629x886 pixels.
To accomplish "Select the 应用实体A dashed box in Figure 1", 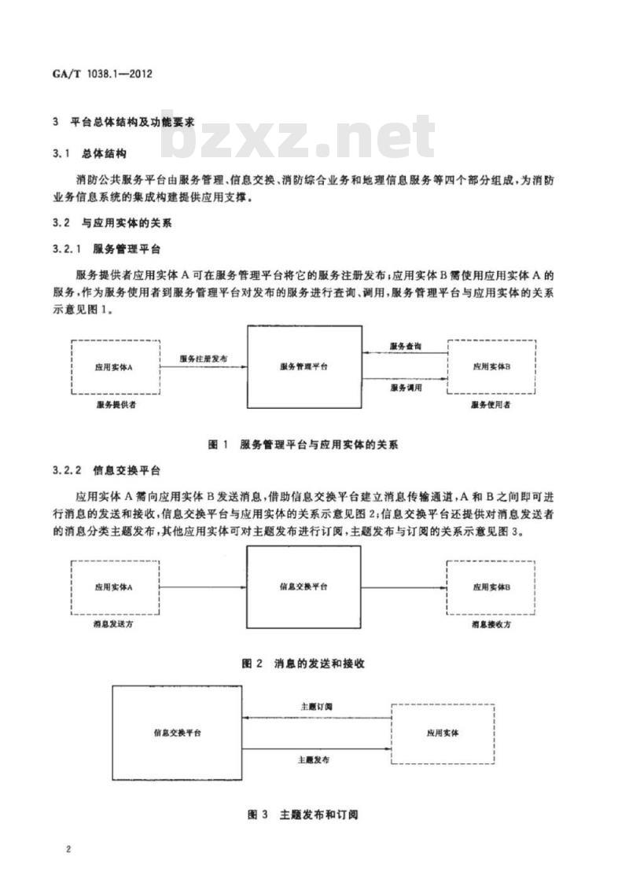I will click(x=115, y=366).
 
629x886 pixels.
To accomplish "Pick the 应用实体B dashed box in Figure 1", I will click(x=492, y=366).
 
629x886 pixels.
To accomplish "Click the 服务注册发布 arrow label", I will click(x=203, y=358).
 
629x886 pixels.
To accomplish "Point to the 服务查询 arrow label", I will click(x=405, y=346).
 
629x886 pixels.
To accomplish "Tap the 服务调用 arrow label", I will click(x=405, y=388).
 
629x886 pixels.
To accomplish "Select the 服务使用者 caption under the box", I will click(x=491, y=404).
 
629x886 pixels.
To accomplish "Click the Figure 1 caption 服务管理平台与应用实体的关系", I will click(x=303, y=445).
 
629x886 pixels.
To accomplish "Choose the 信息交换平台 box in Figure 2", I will click(x=304, y=586).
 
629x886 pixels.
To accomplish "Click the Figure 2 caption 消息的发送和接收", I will click(x=303, y=664).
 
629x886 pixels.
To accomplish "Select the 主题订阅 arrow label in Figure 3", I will click(x=316, y=707).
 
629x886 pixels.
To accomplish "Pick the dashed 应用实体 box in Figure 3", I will click(x=443, y=733).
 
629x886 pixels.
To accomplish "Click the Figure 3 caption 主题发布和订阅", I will click(x=303, y=814).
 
